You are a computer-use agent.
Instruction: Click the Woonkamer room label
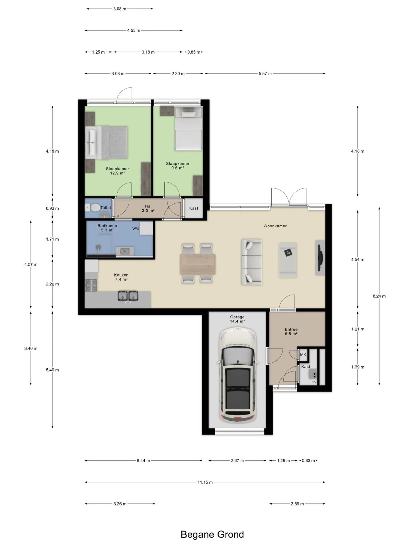click(x=275, y=226)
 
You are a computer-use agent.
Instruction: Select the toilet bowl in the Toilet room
click(x=93, y=207)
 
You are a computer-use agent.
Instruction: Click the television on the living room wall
click(x=320, y=258)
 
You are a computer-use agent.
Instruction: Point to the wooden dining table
click(x=198, y=264)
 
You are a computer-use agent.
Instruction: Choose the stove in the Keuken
click(x=91, y=285)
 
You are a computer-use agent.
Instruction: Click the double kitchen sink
click(x=128, y=296)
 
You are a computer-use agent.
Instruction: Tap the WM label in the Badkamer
click(x=136, y=229)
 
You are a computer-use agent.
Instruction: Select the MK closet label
click(x=303, y=355)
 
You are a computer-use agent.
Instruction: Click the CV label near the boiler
click(x=314, y=382)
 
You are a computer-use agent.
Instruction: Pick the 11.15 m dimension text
click(x=205, y=482)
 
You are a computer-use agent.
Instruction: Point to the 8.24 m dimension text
click(x=379, y=296)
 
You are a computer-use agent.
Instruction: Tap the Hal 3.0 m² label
click(x=148, y=208)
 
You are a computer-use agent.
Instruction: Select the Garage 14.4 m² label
click(x=237, y=319)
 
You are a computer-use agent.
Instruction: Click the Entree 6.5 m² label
click(x=291, y=332)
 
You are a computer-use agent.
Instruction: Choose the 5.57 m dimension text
click(x=265, y=74)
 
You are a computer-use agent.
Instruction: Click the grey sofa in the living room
click(x=252, y=262)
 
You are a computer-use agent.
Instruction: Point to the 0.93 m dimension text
click(x=52, y=208)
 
